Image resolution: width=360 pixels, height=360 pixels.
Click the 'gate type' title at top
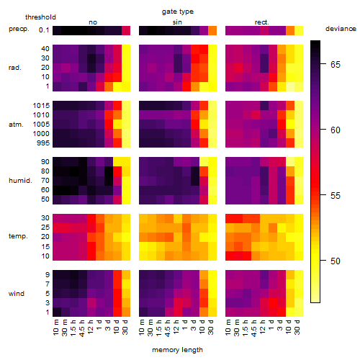(x=178, y=12)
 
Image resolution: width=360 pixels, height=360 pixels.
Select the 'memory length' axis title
(x=177, y=350)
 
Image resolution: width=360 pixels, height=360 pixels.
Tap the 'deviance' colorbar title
(x=341, y=29)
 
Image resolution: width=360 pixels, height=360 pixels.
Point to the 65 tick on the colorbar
(x=323, y=64)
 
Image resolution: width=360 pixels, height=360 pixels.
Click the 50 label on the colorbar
(x=336, y=261)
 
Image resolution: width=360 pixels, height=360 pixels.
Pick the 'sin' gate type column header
(x=177, y=22)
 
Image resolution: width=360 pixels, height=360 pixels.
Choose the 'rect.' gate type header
(x=262, y=22)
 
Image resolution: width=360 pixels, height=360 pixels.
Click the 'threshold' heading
(x=40, y=17)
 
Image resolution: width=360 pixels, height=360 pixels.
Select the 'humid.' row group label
(x=20, y=181)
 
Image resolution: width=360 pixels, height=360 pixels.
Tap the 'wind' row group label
(x=17, y=294)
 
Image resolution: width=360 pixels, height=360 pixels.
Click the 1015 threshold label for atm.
(x=41, y=106)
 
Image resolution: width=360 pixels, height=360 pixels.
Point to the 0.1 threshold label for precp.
(x=44, y=30)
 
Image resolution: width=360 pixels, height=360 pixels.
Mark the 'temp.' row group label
(x=18, y=236)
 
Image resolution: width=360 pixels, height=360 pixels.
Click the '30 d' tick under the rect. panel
(x=297, y=327)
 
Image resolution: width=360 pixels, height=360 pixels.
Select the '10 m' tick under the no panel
(x=55, y=328)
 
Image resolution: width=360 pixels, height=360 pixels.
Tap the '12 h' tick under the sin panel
(x=176, y=327)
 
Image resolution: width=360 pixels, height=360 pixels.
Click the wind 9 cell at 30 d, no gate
(x=126, y=274)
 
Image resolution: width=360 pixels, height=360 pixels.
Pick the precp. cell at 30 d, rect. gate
(x=299, y=30)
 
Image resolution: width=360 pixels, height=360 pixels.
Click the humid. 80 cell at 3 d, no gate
(x=109, y=171)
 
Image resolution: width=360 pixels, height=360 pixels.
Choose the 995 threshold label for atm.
(x=43, y=143)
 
